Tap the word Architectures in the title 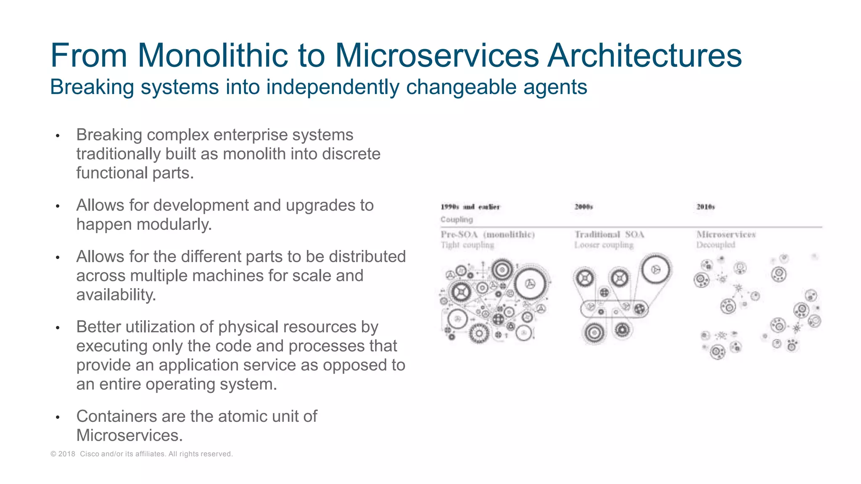(644, 55)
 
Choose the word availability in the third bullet (116, 295)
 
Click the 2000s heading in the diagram (584, 207)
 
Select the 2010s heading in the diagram (705, 207)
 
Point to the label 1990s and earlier (470, 207)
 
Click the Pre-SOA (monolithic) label (488, 234)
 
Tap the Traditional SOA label (609, 234)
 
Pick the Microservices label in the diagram (726, 234)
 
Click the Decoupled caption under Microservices (716, 245)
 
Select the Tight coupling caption (467, 245)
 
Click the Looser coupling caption (604, 245)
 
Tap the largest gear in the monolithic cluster (531, 284)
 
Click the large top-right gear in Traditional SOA (655, 270)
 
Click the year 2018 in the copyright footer (66, 454)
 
